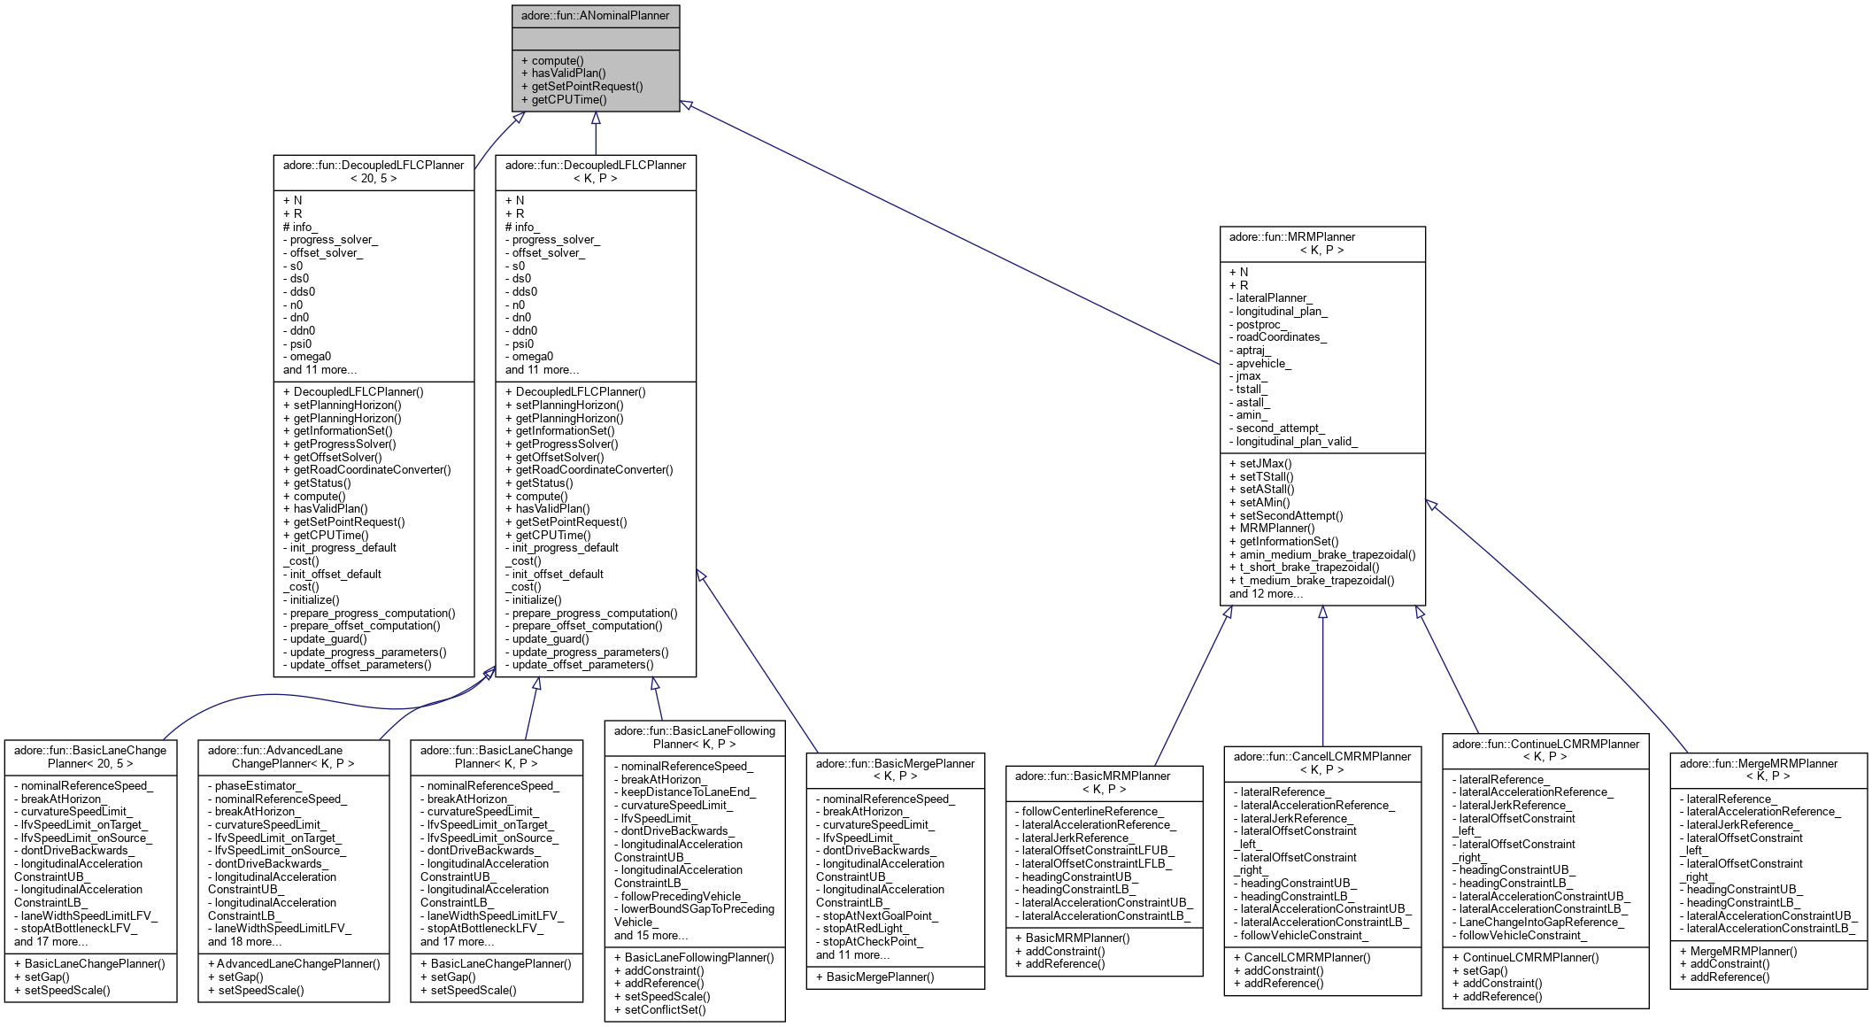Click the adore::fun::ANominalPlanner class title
[595, 16]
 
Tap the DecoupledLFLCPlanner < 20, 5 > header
[374, 172]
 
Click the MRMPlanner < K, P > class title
[1322, 243]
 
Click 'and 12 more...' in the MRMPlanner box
[1266, 593]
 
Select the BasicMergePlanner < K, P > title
[895, 769]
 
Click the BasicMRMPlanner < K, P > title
[1104, 782]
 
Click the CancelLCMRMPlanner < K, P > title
[1322, 762]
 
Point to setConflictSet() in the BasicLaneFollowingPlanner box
[665, 1009]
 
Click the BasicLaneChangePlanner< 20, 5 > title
[90, 756]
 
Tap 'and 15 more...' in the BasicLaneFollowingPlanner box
[651, 935]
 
